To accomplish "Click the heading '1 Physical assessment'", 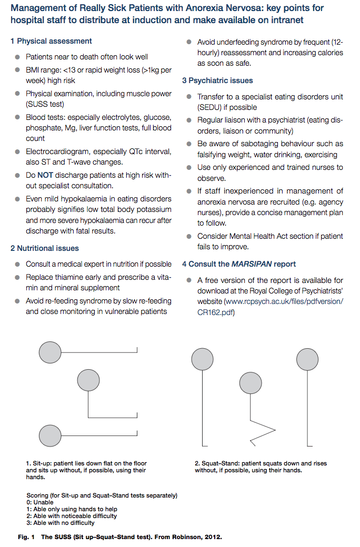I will point(51,41).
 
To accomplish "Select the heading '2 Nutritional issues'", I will point(45,248).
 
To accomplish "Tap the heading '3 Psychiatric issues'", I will point(217,80).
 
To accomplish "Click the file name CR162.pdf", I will point(216,312).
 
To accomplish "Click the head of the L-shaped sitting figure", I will point(87,380).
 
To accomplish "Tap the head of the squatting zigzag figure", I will point(251,382).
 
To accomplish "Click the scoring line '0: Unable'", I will point(40,502).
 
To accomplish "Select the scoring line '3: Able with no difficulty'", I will point(60,523).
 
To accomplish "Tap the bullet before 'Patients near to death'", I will point(18,57).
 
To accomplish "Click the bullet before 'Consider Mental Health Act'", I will point(189,237).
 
